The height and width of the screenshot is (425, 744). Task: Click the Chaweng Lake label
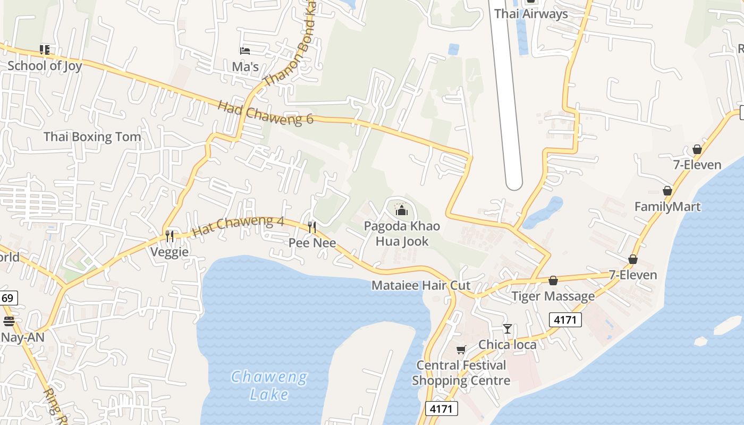(x=269, y=386)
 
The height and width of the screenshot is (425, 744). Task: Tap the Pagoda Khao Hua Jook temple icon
(x=402, y=210)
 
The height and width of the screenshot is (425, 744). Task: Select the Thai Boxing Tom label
(x=92, y=137)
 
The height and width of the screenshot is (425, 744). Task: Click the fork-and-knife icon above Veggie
(x=170, y=236)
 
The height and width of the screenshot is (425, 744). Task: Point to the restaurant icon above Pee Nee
(x=312, y=227)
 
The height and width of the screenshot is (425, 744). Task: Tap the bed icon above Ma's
(x=245, y=51)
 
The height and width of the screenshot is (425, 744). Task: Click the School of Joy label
(x=45, y=66)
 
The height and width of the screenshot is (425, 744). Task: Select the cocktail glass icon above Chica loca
(x=508, y=329)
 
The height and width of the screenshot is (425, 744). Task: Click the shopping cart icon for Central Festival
(x=461, y=350)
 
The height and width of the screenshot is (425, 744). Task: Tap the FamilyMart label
(x=667, y=207)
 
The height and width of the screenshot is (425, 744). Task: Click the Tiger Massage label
(x=553, y=296)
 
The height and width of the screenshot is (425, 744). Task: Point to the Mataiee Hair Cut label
(x=421, y=285)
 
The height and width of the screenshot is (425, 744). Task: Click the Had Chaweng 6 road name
(x=265, y=112)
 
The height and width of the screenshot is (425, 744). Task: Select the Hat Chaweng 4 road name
(x=238, y=226)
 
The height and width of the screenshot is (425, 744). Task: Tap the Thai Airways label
(x=531, y=14)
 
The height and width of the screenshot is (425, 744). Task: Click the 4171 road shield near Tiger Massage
(x=565, y=320)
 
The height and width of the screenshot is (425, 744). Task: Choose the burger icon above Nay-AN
(x=9, y=321)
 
